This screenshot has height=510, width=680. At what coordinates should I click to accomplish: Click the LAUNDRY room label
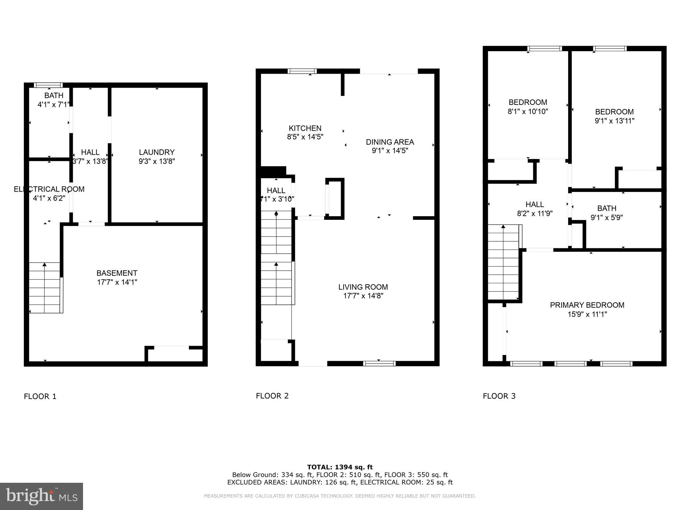coord(157,152)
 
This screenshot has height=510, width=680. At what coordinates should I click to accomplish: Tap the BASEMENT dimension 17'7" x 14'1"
coord(117,282)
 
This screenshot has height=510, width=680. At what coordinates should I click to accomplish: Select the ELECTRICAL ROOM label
coord(49,189)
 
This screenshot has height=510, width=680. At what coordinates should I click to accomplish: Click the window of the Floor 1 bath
coord(48,85)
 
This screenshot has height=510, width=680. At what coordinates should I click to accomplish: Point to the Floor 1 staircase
coord(45,288)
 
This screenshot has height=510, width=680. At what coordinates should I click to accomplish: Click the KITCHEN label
coord(305,128)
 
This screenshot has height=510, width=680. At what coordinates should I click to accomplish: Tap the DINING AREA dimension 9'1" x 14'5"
coord(390,151)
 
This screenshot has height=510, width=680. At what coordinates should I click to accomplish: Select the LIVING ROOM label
coord(363,287)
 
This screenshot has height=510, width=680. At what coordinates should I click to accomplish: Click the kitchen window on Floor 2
coord(302,71)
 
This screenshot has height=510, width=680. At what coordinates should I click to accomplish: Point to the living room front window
coord(379,363)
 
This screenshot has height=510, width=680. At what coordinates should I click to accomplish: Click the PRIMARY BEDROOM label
coord(587,305)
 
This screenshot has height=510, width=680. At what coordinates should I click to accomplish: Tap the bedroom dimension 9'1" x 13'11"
coord(614,121)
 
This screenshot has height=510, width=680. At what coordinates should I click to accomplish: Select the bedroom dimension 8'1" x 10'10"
coord(528,112)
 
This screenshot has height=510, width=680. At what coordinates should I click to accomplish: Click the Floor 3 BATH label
coord(607,208)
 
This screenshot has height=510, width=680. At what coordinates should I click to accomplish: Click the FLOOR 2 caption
coord(272,396)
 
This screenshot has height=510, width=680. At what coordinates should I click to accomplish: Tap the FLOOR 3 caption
coord(499,396)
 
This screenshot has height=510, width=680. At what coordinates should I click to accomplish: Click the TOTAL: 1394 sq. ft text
coord(340,467)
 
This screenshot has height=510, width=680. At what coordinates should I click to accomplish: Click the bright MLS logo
coord(42,496)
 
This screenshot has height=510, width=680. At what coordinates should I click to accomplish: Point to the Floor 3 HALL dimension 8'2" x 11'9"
coord(535,214)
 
